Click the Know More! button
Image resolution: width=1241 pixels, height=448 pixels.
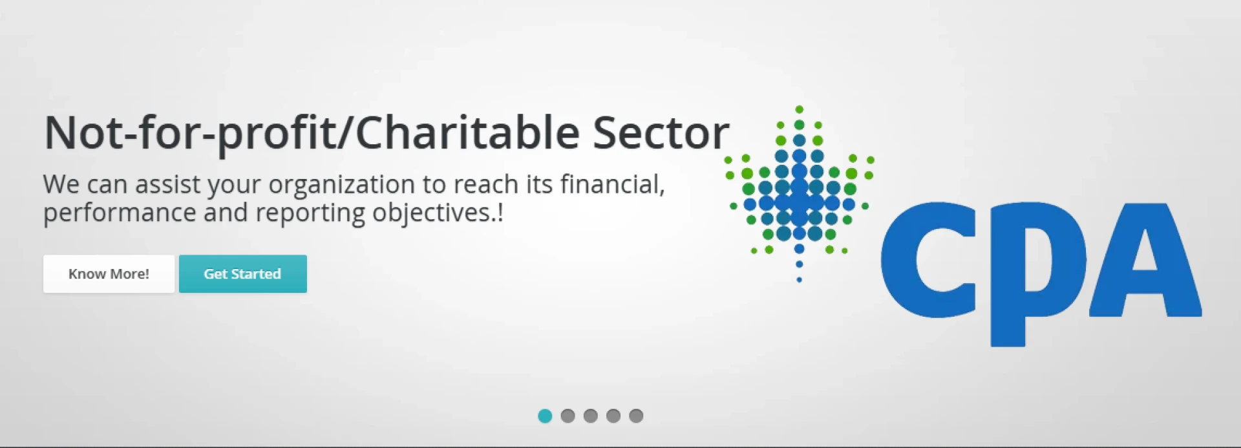coord(109,273)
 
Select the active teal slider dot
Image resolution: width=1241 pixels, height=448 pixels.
coord(545,416)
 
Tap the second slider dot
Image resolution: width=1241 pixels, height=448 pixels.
coord(567,416)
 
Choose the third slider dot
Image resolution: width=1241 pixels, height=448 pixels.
coord(590,416)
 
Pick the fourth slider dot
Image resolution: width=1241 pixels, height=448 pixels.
coord(613,416)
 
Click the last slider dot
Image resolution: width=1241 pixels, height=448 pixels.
coord(636,416)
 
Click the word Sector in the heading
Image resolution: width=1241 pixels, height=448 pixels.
coord(661,133)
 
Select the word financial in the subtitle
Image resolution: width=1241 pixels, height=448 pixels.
coord(612,185)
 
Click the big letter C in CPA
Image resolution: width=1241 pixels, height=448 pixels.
coord(929,260)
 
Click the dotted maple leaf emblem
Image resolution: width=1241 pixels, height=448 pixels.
coord(800,194)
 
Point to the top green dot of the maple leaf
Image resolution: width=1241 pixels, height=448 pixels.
coord(800,109)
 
